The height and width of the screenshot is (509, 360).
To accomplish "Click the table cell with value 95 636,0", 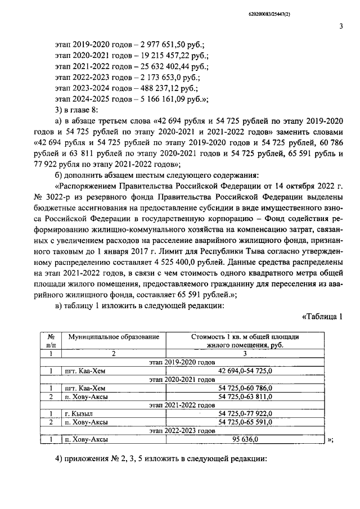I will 245,439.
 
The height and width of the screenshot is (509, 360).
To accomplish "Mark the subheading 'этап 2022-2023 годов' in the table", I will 183,430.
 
